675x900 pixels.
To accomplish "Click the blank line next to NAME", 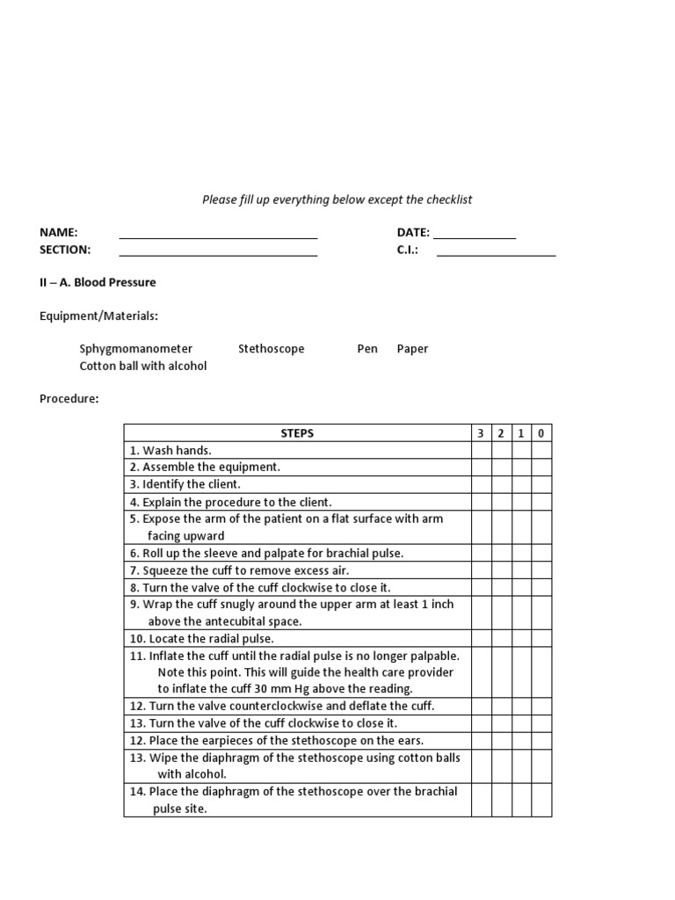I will (218, 236).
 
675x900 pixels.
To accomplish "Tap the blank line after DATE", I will (475, 236).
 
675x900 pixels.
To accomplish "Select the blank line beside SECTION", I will (218, 253).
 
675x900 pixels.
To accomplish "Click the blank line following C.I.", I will (496, 253).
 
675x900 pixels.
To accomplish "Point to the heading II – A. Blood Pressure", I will (98, 282).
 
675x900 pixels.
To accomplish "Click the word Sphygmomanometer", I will (135, 349).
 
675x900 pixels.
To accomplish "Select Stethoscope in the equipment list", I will (271, 349).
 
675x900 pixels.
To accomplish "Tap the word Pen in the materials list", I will (367, 349).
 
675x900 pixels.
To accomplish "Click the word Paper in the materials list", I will (412, 349).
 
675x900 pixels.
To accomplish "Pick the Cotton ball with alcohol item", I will (142, 366).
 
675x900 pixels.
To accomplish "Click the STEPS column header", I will (297, 433).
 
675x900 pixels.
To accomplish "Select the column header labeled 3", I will (481, 433).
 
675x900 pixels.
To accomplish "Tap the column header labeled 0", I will (541, 433).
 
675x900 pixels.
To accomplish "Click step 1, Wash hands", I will (171, 450).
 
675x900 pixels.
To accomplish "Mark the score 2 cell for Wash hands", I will (501, 450).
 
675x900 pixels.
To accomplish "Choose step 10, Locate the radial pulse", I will (201, 639).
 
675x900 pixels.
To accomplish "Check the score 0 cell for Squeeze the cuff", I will (541, 570).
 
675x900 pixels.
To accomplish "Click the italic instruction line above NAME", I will (337, 200).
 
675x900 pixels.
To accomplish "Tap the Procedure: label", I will (69, 399).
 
